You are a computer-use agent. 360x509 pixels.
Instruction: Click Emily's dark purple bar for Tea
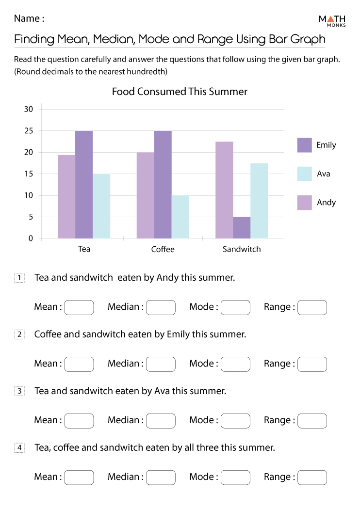84,184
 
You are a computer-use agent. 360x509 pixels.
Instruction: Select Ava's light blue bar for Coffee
180,217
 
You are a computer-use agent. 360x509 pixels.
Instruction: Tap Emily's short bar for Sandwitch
242,227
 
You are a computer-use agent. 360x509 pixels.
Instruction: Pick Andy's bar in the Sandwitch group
224,190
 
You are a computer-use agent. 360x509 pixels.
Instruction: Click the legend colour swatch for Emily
304,145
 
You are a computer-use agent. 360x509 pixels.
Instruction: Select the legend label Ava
323,174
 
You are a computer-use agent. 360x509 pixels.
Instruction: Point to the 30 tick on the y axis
29,109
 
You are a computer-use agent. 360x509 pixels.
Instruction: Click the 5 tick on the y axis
31,217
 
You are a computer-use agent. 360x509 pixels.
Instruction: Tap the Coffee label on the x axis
163,249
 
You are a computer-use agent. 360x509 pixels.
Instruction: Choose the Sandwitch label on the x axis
242,249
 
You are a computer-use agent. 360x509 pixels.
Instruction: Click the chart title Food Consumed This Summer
180,92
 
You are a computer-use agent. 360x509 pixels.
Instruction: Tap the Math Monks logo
332,20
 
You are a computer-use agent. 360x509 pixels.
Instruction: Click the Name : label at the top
29,19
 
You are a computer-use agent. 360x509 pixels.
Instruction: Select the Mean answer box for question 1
79,307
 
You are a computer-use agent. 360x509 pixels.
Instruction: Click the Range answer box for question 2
312,364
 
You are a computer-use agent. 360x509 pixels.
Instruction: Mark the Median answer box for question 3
161,421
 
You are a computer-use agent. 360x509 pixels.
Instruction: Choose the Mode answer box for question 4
235,477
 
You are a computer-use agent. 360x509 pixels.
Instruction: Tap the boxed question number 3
19,391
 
